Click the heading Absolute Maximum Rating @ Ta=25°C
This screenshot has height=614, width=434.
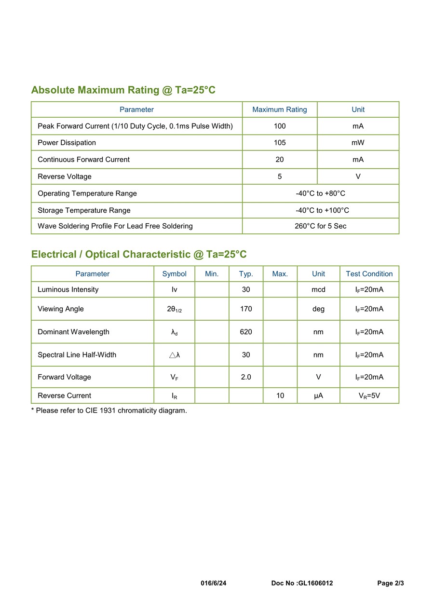pyautogui.click(x=123, y=90)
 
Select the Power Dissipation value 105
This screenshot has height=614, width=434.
pyautogui.click(x=280, y=143)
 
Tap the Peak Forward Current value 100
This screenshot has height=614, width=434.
pyautogui.click(x=280, y=126)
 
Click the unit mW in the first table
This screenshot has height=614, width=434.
pyautogui.click(x=358, y=143)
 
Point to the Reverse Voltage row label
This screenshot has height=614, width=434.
pyautogui.click(x=65, y=177)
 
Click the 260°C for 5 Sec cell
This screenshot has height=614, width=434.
pyautogui.click(x=320, y=226)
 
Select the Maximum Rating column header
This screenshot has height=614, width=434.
pyautogui.click(x=280, y=109)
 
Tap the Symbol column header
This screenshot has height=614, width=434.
pyautogui.click(x=174, y=274)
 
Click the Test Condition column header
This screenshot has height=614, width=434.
pyautogui.click(x=369, y=274)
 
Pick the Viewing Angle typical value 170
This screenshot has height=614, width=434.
pyautogui.click(x=246, y=309)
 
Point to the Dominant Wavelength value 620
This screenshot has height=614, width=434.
pyautogui.click(x=246, y=332)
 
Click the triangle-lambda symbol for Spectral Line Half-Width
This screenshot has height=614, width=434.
pyautogui.click(x=175, y=355)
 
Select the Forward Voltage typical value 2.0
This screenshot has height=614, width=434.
pyautogui.click(x=246, y=377)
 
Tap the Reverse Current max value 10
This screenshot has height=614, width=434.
pyautogui.click(x=280, y=396)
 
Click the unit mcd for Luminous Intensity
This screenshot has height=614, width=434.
pyautogui.click(x=318, y=290)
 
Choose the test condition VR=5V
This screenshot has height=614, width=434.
pyautogui.click(x=369, y=396)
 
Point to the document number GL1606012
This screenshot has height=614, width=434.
pyautogui.click(x=302, y=583)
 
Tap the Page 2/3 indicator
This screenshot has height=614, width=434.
pyautogui.click(x=391, y=583)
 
